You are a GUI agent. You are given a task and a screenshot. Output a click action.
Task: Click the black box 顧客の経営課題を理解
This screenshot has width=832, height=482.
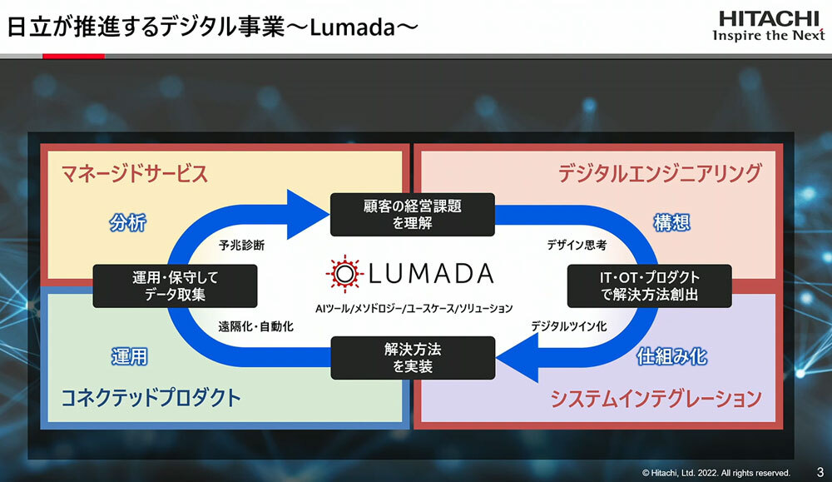[412, 214]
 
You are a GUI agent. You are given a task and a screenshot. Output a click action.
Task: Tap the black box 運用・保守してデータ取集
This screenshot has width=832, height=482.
[175, 286]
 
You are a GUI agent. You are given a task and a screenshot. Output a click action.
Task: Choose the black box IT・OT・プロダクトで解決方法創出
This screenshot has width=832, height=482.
[649, 286]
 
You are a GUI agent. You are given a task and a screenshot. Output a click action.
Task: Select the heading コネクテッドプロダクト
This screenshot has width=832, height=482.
[151, 398]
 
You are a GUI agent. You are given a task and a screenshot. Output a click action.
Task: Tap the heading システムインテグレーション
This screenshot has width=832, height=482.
[656, 399]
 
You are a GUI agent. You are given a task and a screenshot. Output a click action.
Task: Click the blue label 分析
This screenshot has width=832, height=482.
[128, 222]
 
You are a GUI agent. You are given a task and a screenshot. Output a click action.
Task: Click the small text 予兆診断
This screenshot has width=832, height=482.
[241, 246]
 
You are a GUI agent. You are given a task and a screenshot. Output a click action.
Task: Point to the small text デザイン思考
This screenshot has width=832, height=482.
[577, 246]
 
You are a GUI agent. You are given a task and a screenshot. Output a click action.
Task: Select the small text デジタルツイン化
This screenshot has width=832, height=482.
[569, 326]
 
